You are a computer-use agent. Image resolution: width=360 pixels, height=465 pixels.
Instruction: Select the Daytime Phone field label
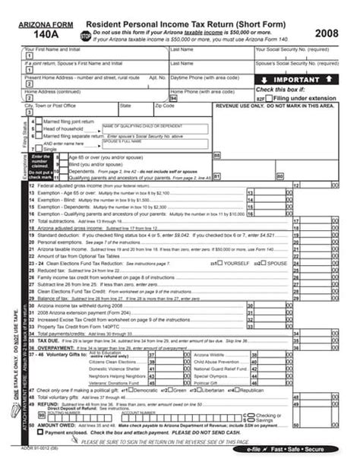(199, 77)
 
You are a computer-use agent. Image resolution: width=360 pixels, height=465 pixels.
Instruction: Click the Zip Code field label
(165, 106)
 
